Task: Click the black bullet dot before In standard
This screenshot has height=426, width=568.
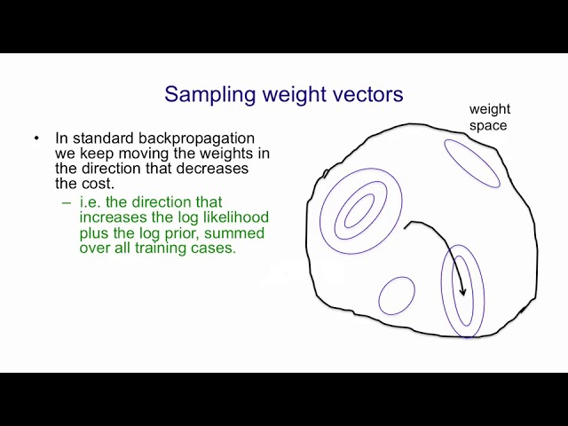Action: tap(36, 138)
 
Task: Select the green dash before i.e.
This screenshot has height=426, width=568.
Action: tap(66, 202)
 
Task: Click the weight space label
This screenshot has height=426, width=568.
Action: tap(489, 117)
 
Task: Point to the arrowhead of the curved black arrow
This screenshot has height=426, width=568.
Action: tap(462, 292)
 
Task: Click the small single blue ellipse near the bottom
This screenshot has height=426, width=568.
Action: tap(397, 296)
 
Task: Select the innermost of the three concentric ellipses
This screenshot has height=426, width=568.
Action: tap(359, 211)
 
